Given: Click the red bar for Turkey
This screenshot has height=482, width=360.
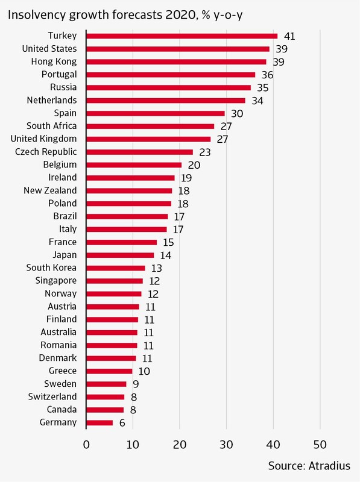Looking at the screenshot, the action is [x=182, y=36].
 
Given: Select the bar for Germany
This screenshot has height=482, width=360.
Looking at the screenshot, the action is [x=99, y=423].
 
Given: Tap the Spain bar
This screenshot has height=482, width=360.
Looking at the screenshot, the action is [x=156, y=113].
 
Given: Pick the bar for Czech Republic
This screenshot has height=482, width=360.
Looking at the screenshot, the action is [x=140, y=152].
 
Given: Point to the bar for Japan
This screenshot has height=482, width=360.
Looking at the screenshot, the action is [x=121, y=255].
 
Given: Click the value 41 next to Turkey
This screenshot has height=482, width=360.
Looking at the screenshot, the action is [x=289, y=36].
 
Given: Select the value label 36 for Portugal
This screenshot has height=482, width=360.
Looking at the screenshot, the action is [x=267, y=75].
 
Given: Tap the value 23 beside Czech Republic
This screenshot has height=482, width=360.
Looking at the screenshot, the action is [x=205, y=152].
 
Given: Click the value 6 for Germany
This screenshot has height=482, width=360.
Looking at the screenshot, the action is [x=122, y=423].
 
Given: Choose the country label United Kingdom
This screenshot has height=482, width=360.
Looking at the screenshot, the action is [x=43, y=139].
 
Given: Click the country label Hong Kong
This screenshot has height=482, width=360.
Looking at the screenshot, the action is [x=54, y=62].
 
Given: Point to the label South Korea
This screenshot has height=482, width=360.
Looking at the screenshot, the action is [x=51, y=268].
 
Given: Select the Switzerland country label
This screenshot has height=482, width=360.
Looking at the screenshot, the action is [x=52, y=396].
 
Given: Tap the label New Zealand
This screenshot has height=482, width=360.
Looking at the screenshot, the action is [x=50, y=190].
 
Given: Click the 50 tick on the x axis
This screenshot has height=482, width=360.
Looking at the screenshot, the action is [x=320, y=445].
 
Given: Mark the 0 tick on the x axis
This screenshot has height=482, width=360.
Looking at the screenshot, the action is [x=86, y=445].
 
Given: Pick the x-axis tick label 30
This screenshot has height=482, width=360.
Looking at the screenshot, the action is [x=227, y=445].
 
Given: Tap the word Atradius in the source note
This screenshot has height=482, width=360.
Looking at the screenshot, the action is [x=329, y=466].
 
